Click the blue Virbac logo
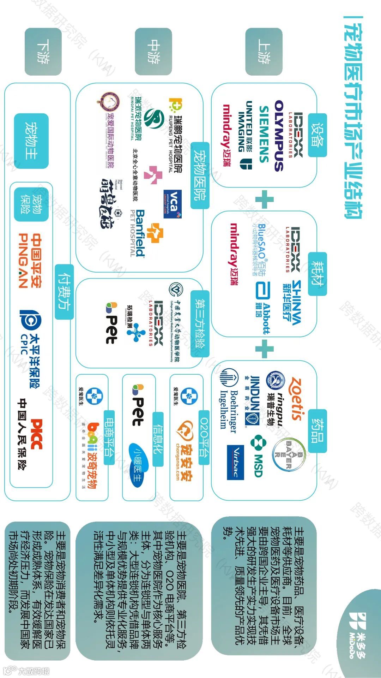point(235,462)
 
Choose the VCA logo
point(173,204)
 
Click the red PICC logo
point(37,434)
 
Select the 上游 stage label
point(264,52)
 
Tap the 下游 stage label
point(43,52)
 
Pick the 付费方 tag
point(64,292)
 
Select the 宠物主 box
point(31,141)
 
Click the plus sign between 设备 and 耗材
point(264,200)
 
